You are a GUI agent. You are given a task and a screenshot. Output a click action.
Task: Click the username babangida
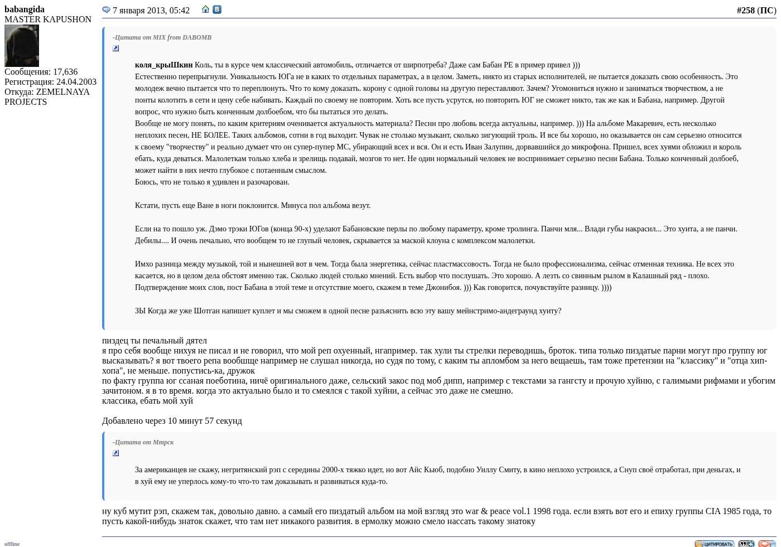point(25,9)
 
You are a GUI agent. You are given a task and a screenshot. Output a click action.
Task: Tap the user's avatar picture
point(22,46)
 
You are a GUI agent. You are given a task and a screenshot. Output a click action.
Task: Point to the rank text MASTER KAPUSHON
point(48,20)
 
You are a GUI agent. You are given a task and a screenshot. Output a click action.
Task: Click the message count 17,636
point(65,72)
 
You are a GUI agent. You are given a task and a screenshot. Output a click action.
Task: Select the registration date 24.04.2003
point(76,82)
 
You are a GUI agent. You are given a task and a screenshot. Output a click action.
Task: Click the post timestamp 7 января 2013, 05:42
point(151,11)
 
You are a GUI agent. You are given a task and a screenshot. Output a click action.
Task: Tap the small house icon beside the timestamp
point(206,9)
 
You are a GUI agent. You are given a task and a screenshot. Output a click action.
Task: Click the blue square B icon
point(217,9)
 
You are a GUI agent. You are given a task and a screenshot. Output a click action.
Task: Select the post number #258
point(745,11)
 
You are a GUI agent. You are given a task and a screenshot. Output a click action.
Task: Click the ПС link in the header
point(766,11)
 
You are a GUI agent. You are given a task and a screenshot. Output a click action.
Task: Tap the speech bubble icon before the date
point(106,10)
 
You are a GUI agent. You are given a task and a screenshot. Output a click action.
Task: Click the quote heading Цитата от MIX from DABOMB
point(162,37)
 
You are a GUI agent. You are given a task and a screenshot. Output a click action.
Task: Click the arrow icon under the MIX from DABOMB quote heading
point(116,49)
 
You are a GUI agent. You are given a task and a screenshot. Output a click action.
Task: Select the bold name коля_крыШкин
point(163,65)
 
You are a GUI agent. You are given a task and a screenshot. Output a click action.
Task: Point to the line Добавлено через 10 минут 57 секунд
point(172,421)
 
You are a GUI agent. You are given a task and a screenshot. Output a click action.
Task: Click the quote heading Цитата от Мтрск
point(143,442)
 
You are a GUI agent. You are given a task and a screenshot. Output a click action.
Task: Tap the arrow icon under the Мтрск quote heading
point(116,453)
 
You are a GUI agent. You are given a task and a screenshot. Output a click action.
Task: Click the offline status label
point(12,544)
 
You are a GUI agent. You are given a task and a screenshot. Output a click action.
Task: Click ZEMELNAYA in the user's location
point(62,92)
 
